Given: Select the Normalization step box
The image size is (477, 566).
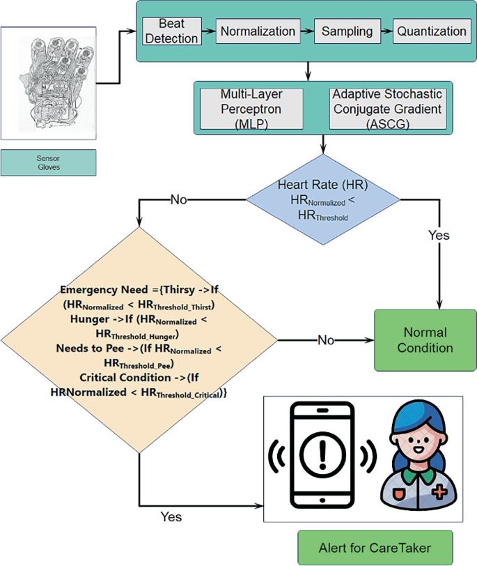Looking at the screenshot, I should [x=258, y=31].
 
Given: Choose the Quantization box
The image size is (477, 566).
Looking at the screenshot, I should [x=432, y=31].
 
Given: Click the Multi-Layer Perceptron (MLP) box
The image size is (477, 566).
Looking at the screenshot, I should [x=251, y=108].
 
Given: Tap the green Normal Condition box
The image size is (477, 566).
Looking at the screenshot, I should [x=425, y=339].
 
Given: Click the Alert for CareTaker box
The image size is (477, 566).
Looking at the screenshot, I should [x=375, y=547].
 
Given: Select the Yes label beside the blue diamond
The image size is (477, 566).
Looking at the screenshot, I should [x=439, y=235].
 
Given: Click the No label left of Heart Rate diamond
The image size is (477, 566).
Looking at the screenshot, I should [x=179, y=200].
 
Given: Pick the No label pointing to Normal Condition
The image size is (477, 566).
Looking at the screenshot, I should [x=327, y=339].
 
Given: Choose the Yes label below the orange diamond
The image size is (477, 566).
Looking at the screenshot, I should [x=171, y=517].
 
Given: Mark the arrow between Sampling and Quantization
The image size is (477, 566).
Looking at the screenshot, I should [x=386, y=32].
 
